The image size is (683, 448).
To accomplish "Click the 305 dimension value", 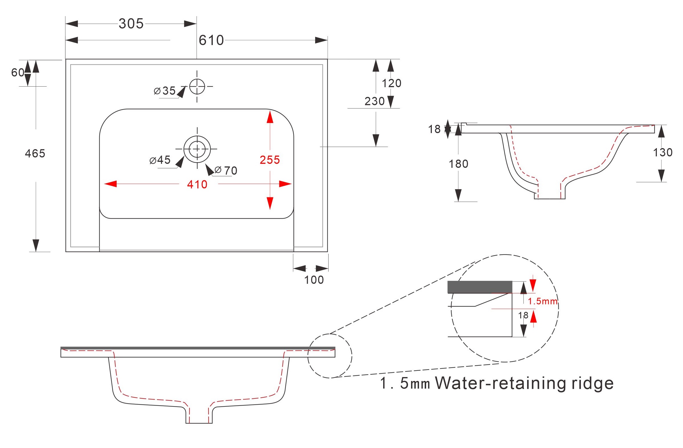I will (x=131, y=24).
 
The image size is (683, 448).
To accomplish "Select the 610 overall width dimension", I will (x=211, y=40).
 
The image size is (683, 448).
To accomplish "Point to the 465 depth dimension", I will (x=35, y=154).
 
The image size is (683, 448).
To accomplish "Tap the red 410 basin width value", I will (x=197, y=185).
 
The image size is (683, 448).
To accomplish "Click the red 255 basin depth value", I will (x=269, y=160).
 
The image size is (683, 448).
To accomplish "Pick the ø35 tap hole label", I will (x=165, y=91).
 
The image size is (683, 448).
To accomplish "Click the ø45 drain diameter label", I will (x=160, y=160).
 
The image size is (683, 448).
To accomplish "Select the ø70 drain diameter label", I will (x=226, y=171).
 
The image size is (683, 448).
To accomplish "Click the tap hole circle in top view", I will (x=197, y=86).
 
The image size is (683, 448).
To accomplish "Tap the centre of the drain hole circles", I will (x=197, y=149).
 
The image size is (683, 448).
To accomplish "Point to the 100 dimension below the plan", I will (x=314, y=280).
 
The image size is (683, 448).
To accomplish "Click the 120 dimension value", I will (x=391, y=83).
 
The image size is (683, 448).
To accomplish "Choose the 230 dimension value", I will (x=375, y=101).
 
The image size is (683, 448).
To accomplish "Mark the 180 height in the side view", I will (x=459, y=164).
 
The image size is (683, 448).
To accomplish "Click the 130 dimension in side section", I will (x=663, y=152).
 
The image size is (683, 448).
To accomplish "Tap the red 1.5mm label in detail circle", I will (x=542, y=301).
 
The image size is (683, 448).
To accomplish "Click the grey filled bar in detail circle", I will (x=480, y=287).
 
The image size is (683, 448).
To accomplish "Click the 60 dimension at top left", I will (x=18, y=72).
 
